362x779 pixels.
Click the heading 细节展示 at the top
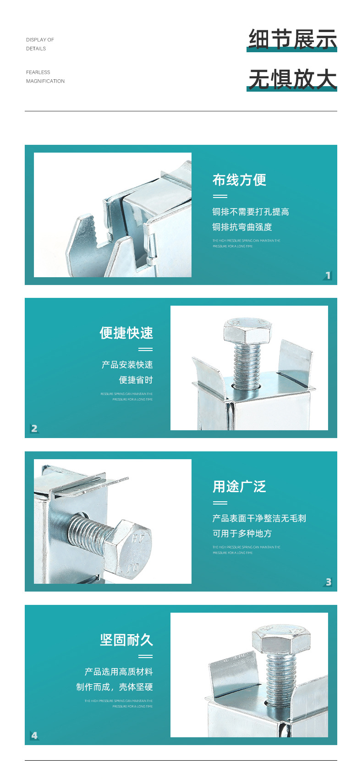tap(292, 39)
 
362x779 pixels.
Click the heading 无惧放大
tap(292, 79)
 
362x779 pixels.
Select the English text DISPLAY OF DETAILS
tap(40, 44)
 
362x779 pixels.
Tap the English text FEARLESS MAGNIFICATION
tap(45, 77)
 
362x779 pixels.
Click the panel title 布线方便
tap(239, 180)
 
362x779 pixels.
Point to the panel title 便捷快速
tap(126, 333)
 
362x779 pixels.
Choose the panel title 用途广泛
tap(239, 487)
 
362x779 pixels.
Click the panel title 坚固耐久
tap(126, 640)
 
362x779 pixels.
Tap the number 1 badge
tap(328, 275)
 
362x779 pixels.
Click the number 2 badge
tap(34, 428)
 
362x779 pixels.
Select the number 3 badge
tap(328, 582)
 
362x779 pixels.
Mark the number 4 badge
tap(34, 735)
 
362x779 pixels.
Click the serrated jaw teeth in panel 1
tap(98, 229)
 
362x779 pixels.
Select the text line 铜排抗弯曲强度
tap(242, 227)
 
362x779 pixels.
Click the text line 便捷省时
tap(136, 380)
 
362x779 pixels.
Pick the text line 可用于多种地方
tap(242, 534)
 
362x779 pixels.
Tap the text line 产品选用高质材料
tap(119, 672)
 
